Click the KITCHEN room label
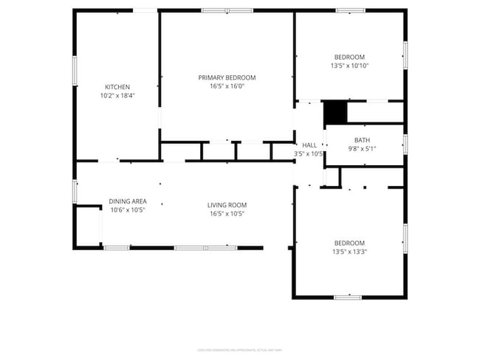click(117, 87)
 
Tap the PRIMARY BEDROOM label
click(227, 77)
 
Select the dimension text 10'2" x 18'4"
click(117, 95)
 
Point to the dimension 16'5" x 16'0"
click(227, 86)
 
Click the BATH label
click(362, 140)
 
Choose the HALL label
click(309, 145)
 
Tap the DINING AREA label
click(128, 201)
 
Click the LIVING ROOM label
click(227, 205)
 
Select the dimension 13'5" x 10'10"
click(349, 66)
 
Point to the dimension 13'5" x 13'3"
click(349, 252)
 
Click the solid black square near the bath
click(335, 112)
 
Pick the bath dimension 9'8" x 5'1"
click(362, 148)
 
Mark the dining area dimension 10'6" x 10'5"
click(128, 210)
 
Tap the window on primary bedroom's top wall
click(227, 10)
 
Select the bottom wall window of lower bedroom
click(347, 297)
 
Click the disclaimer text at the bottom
click(240, 350)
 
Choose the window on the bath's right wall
click(405, 143)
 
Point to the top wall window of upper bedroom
click(349, 10)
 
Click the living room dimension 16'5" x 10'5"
click(227, 213)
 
